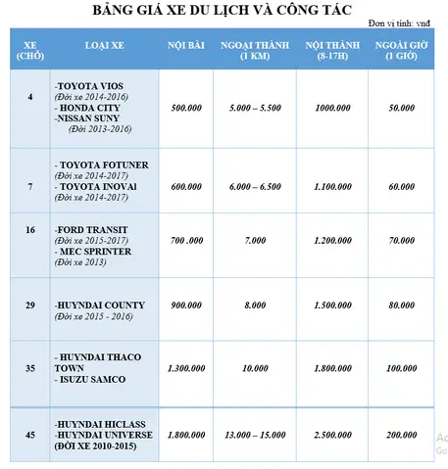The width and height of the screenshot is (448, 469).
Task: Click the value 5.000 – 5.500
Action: coord(254,109)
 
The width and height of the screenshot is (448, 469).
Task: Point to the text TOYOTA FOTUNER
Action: coord(105,164)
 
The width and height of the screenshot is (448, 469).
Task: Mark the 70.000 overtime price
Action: coord(401,240)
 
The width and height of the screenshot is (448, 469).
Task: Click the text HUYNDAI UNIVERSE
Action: coord(105,434)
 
